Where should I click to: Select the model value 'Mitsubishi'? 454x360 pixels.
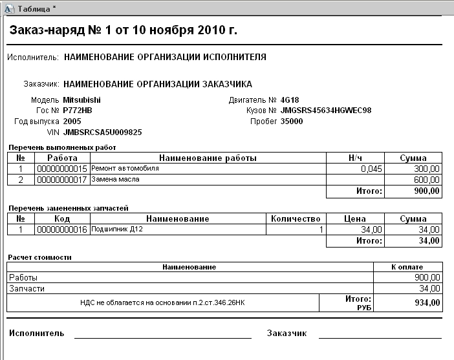pyautogui.click(x=81, y=100)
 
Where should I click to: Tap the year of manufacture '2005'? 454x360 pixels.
pyautogui.click(x=72, y=121)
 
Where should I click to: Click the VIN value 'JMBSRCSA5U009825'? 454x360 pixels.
pyautogui.click(x=102, y=132)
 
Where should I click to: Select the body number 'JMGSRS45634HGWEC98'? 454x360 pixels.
pyautogui.click(x=326, y=111)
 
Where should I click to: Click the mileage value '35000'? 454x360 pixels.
pyautogui.click(x=292, y=121)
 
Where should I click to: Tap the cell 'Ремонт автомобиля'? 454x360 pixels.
pyautogui.click(x=125, y=168)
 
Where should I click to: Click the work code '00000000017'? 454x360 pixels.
pyautogui.click(x=62, y=179)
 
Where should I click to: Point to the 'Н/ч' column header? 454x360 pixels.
pyautogui.click(x=355, y=158)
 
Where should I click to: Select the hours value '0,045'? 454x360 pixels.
pyautogui.click(x=371, y=169)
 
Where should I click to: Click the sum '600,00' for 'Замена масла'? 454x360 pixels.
pyautogui.click(x=427, y=180)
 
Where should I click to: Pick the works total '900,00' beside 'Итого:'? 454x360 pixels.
pyautogui.click(x=427, y=191)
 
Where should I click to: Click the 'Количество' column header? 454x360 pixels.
pyautogui.click(x=296, y=219)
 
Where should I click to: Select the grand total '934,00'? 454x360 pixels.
pyautogui.click(x=427, y=302)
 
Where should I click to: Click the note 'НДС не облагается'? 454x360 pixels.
pyautogui.click(x=162, y=302)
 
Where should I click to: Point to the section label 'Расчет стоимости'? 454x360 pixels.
pyautogui.click(x=39, y=257)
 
